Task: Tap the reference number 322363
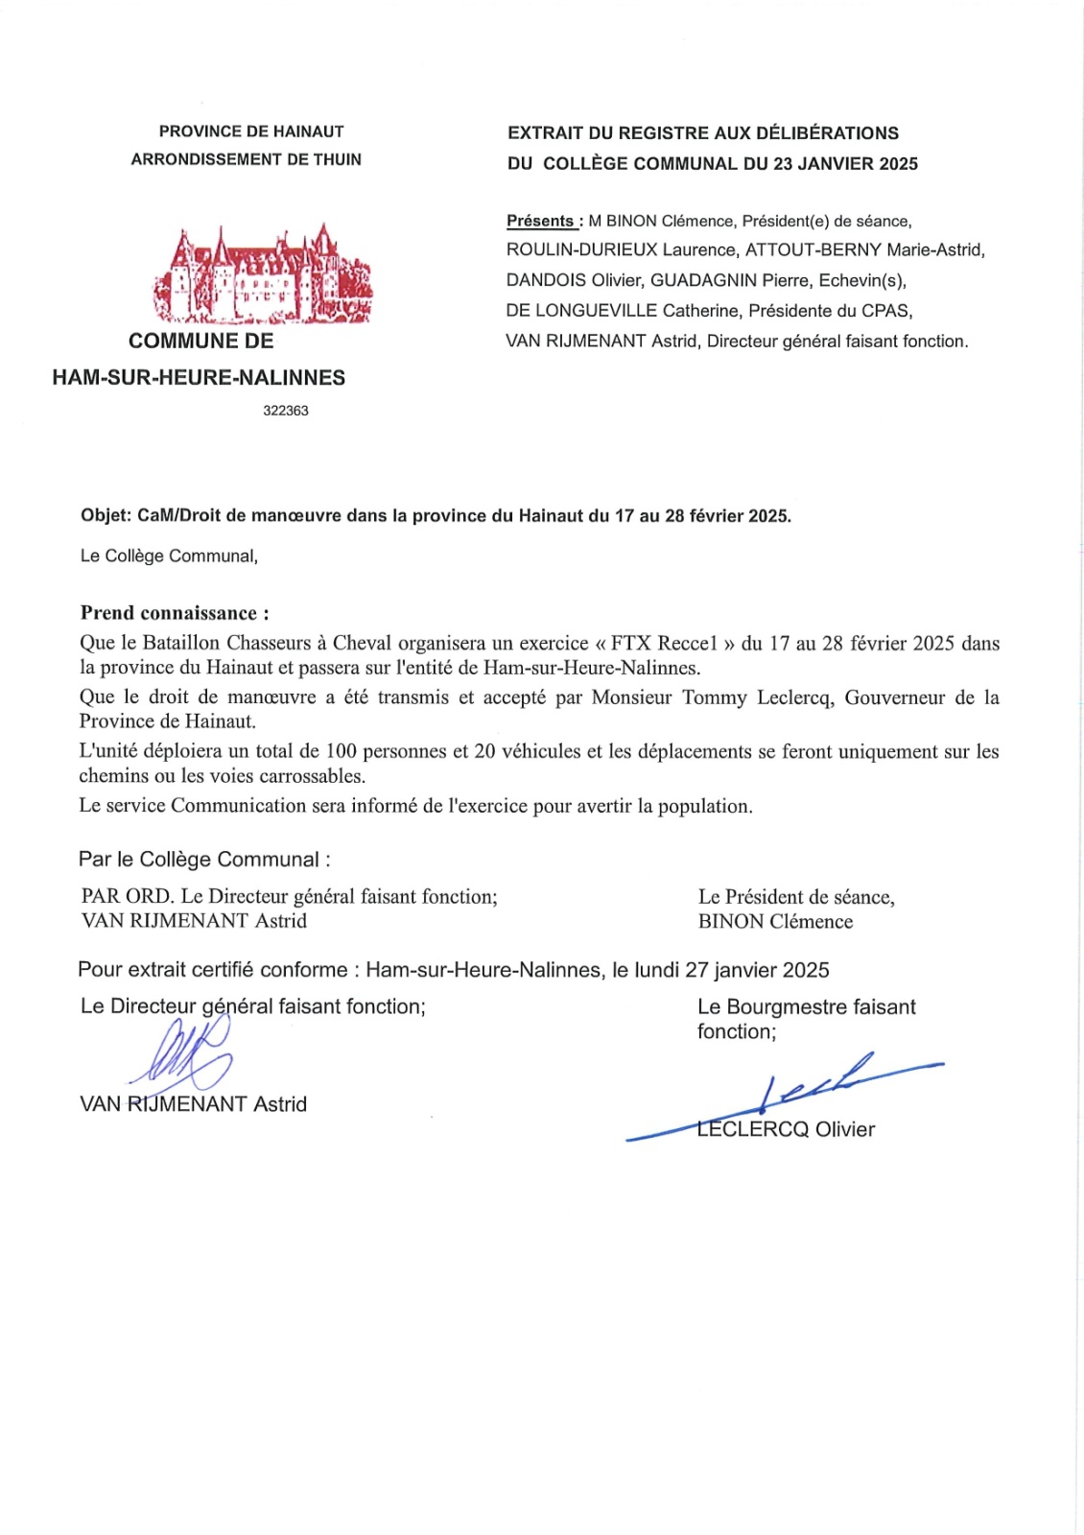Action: [x=286, y=411]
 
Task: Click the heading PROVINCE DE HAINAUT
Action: [x=251, y=131]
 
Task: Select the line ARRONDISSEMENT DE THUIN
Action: [x=247, y=159]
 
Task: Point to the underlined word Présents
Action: [x=541, y=221]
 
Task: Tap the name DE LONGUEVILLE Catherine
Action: [x=623, y=311]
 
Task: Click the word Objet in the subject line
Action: [x=105, y=515]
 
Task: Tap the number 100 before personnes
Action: [x=342, y=751]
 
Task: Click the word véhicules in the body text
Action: [x=541, y=751]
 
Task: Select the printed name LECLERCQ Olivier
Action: [x=787, y=1129]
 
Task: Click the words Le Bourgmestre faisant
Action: [x=806, y=1006]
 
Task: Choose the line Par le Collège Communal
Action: [x=204, y=860]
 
